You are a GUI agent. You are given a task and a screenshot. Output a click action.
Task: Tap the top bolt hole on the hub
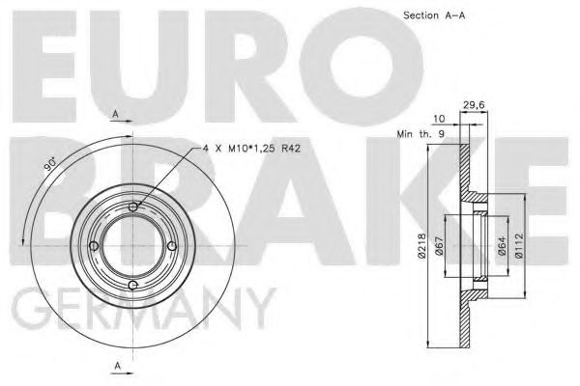(132, 205)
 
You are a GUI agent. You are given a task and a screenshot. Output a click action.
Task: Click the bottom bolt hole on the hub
(132, 285)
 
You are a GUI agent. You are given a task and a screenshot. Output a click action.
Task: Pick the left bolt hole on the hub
(93, 245)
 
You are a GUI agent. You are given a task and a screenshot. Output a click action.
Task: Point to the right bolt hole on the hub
(172, 245)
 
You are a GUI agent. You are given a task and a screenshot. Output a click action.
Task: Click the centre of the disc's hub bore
(132, 245)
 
